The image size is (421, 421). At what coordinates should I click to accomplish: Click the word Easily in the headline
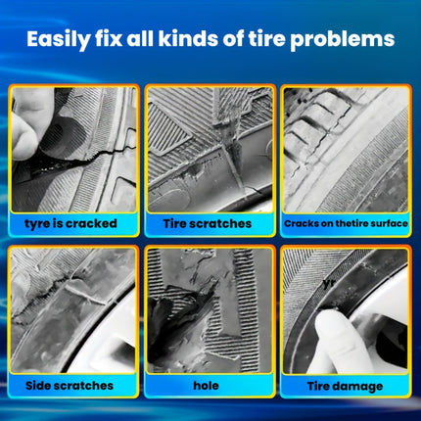[58, 39]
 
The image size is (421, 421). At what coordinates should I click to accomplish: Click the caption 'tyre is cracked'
[70, 223]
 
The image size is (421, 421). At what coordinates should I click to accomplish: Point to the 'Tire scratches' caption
[208, 223]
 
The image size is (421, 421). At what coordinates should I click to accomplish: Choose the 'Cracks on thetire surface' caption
[346, 223]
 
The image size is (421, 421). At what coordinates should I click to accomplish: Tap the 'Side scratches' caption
[70, 386]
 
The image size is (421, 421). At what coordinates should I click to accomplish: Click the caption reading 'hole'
[207, 386]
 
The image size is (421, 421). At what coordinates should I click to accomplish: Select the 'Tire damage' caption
[345, 386]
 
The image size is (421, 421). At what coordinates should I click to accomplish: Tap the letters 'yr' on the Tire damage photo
[329, 283]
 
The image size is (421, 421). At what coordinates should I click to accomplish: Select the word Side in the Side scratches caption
[38, 386]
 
